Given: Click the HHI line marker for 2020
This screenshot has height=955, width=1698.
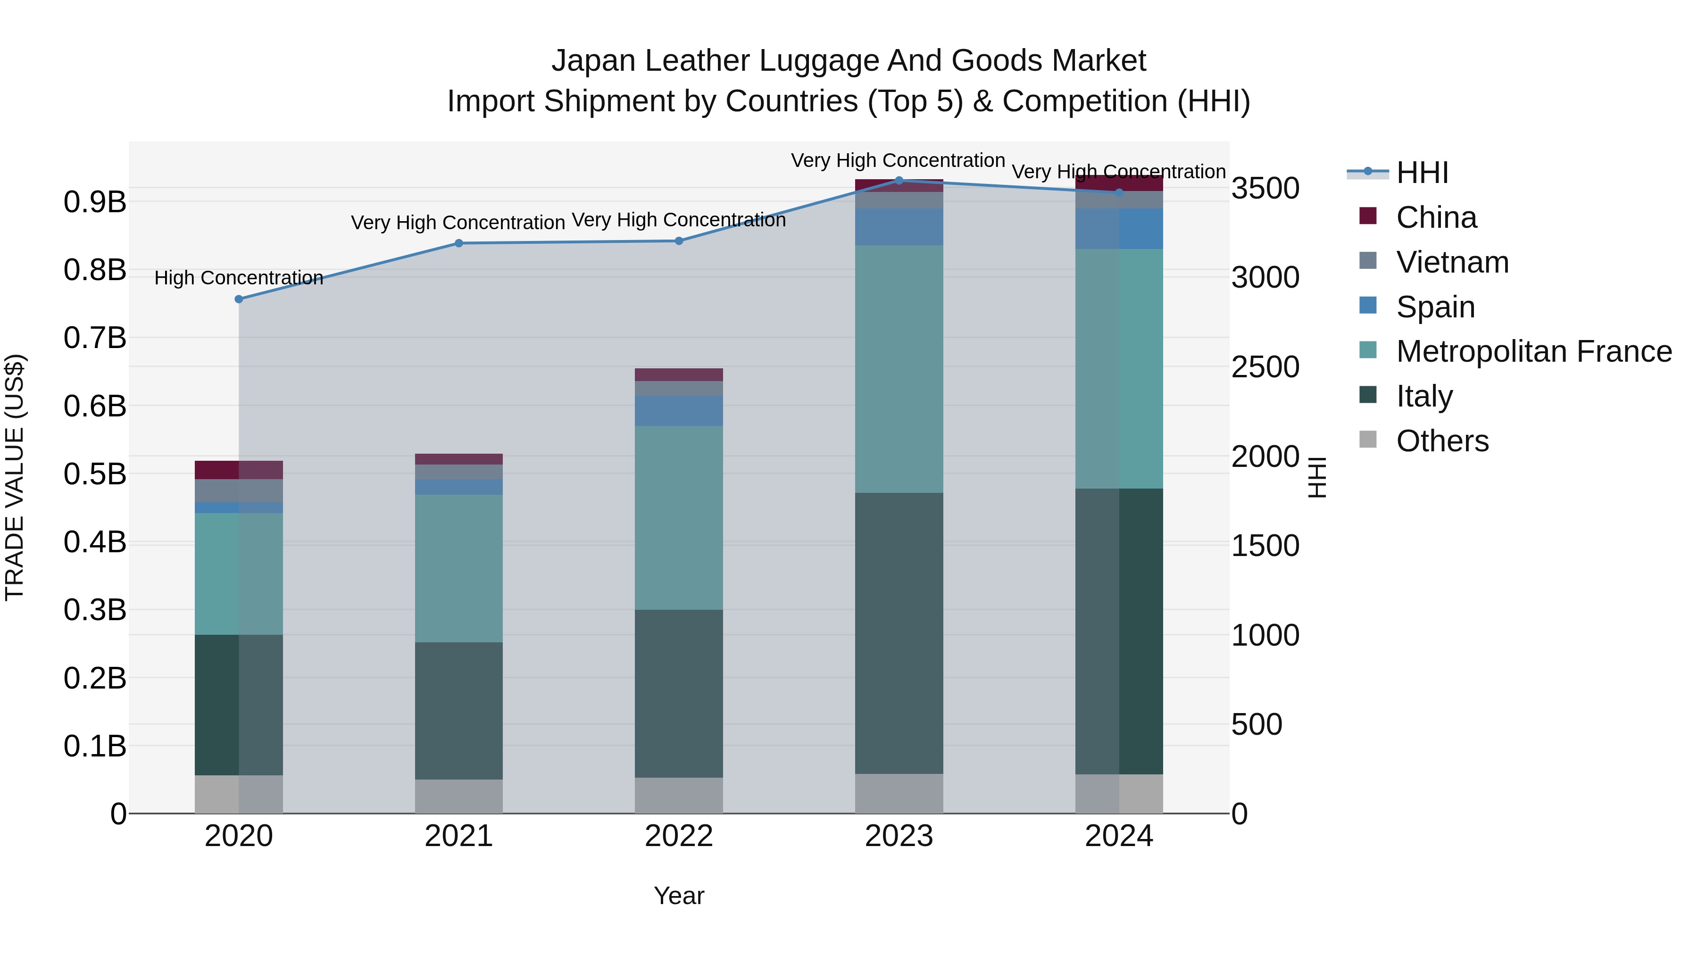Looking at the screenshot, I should coord(239,299).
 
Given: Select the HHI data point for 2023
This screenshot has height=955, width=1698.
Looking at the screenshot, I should coord(899,181).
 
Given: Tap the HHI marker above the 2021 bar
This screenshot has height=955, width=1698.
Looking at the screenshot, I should coord(459,243).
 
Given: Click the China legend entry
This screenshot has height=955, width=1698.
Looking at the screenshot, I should coord(1436,217).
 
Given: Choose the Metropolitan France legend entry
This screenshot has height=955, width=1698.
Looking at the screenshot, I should coord(1533,351).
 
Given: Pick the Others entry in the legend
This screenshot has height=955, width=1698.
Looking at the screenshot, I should coord(1441,441).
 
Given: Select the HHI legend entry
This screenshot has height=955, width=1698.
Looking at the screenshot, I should coord(1421,173).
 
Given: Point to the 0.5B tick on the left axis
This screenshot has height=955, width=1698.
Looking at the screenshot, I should coord(95,474).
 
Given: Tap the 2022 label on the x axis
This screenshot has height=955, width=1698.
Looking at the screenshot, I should coord(678,836).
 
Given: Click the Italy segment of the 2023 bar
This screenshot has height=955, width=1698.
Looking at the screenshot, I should coord(899,633).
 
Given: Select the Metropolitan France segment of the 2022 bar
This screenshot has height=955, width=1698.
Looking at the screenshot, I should coord(678,517).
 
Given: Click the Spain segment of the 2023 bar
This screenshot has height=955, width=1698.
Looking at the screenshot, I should coord(899,227).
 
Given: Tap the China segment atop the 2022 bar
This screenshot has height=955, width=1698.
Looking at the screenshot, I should coord(678,374).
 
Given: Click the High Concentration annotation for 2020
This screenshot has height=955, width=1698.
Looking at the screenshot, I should coord(239,278).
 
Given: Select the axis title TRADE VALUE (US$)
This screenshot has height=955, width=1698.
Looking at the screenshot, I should coord(15,477).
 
